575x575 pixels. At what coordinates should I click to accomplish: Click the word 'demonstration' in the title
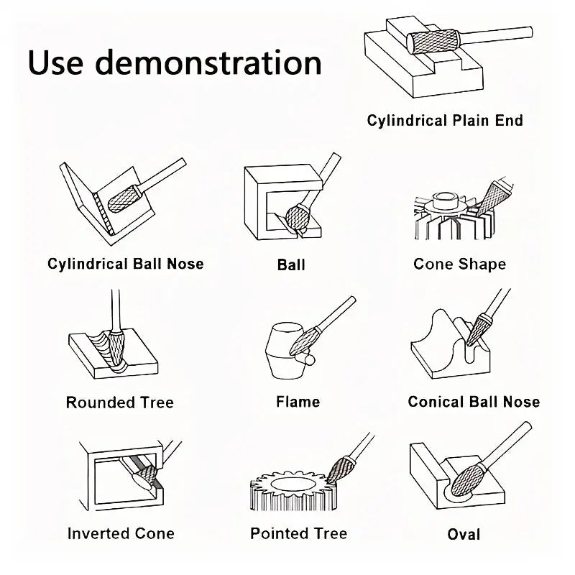tap(208, 63)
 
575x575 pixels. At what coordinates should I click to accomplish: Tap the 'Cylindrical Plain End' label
tap(445, 121)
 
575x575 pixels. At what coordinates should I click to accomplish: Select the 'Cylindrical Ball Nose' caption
tap(125, 264)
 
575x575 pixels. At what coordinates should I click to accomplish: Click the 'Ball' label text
tap(291, 264)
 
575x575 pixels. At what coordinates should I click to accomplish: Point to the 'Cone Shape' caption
tap(460, 264)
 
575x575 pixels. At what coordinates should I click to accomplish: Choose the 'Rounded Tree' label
tap(120, 402)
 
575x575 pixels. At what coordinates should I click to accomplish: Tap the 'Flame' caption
tap(298, 402)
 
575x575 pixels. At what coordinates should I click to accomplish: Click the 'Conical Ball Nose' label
tap(474, 402)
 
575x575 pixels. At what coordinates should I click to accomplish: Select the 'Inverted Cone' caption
tap(121, 533)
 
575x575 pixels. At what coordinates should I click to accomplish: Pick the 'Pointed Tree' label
tap(298, 533)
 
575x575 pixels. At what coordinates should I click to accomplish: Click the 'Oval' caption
tap(464, 534)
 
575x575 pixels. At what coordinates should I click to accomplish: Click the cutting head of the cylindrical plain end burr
tap(433, 42)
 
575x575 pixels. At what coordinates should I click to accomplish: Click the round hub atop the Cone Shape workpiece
tap(445, 201)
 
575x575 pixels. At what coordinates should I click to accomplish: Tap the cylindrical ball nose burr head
tap(123, 200)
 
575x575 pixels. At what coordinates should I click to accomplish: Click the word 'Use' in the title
tap(55, 63)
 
